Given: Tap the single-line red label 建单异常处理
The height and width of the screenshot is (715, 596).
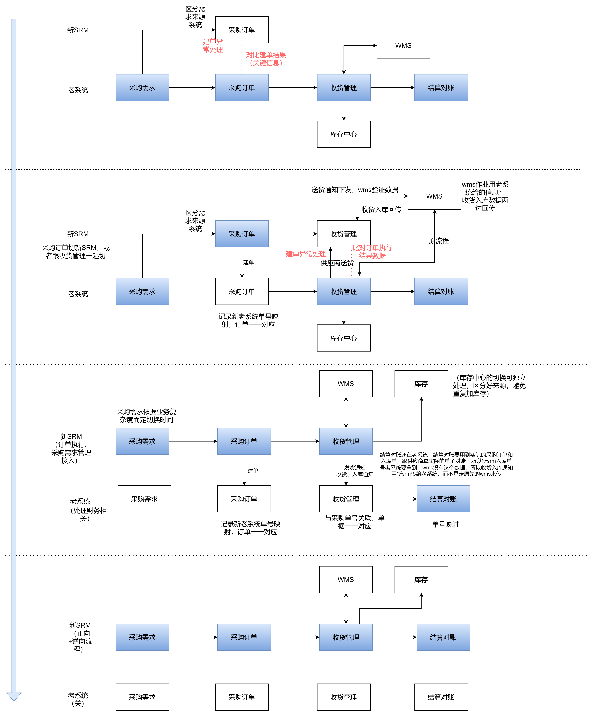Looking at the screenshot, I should coord(306,254).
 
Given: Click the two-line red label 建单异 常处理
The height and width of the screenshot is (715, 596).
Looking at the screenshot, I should coord(213,46).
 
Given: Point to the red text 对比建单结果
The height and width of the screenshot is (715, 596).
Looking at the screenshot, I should coord(266,55).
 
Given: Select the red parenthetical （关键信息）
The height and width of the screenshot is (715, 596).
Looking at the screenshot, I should coord(266,63).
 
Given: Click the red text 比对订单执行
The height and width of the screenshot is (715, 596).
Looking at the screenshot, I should coord(372,248).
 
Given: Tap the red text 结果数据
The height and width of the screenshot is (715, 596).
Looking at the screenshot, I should coord(372,256).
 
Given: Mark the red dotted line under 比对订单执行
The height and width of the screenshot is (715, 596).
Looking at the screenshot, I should coord(352,264).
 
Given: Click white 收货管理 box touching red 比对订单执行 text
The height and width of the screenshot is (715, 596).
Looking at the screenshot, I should coord(344,234).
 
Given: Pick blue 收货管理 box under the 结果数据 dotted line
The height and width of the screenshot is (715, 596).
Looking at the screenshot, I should coord(344,291).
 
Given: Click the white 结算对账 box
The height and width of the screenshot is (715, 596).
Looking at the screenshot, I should coord(441,697).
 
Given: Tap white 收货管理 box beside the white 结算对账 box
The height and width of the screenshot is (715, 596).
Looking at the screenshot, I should coord(344,697).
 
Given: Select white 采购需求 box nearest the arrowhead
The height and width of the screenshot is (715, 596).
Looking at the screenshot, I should coord(142,697).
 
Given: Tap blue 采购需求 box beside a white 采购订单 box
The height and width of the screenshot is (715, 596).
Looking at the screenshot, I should coord(142,291).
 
